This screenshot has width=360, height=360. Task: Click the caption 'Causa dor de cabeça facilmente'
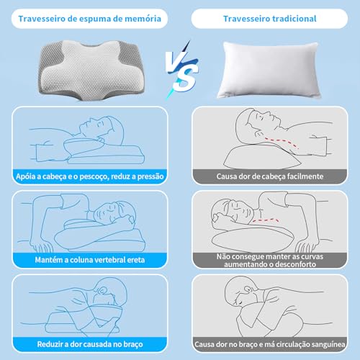click(269, 175)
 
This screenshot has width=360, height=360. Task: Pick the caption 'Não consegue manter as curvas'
click(269, 253)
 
